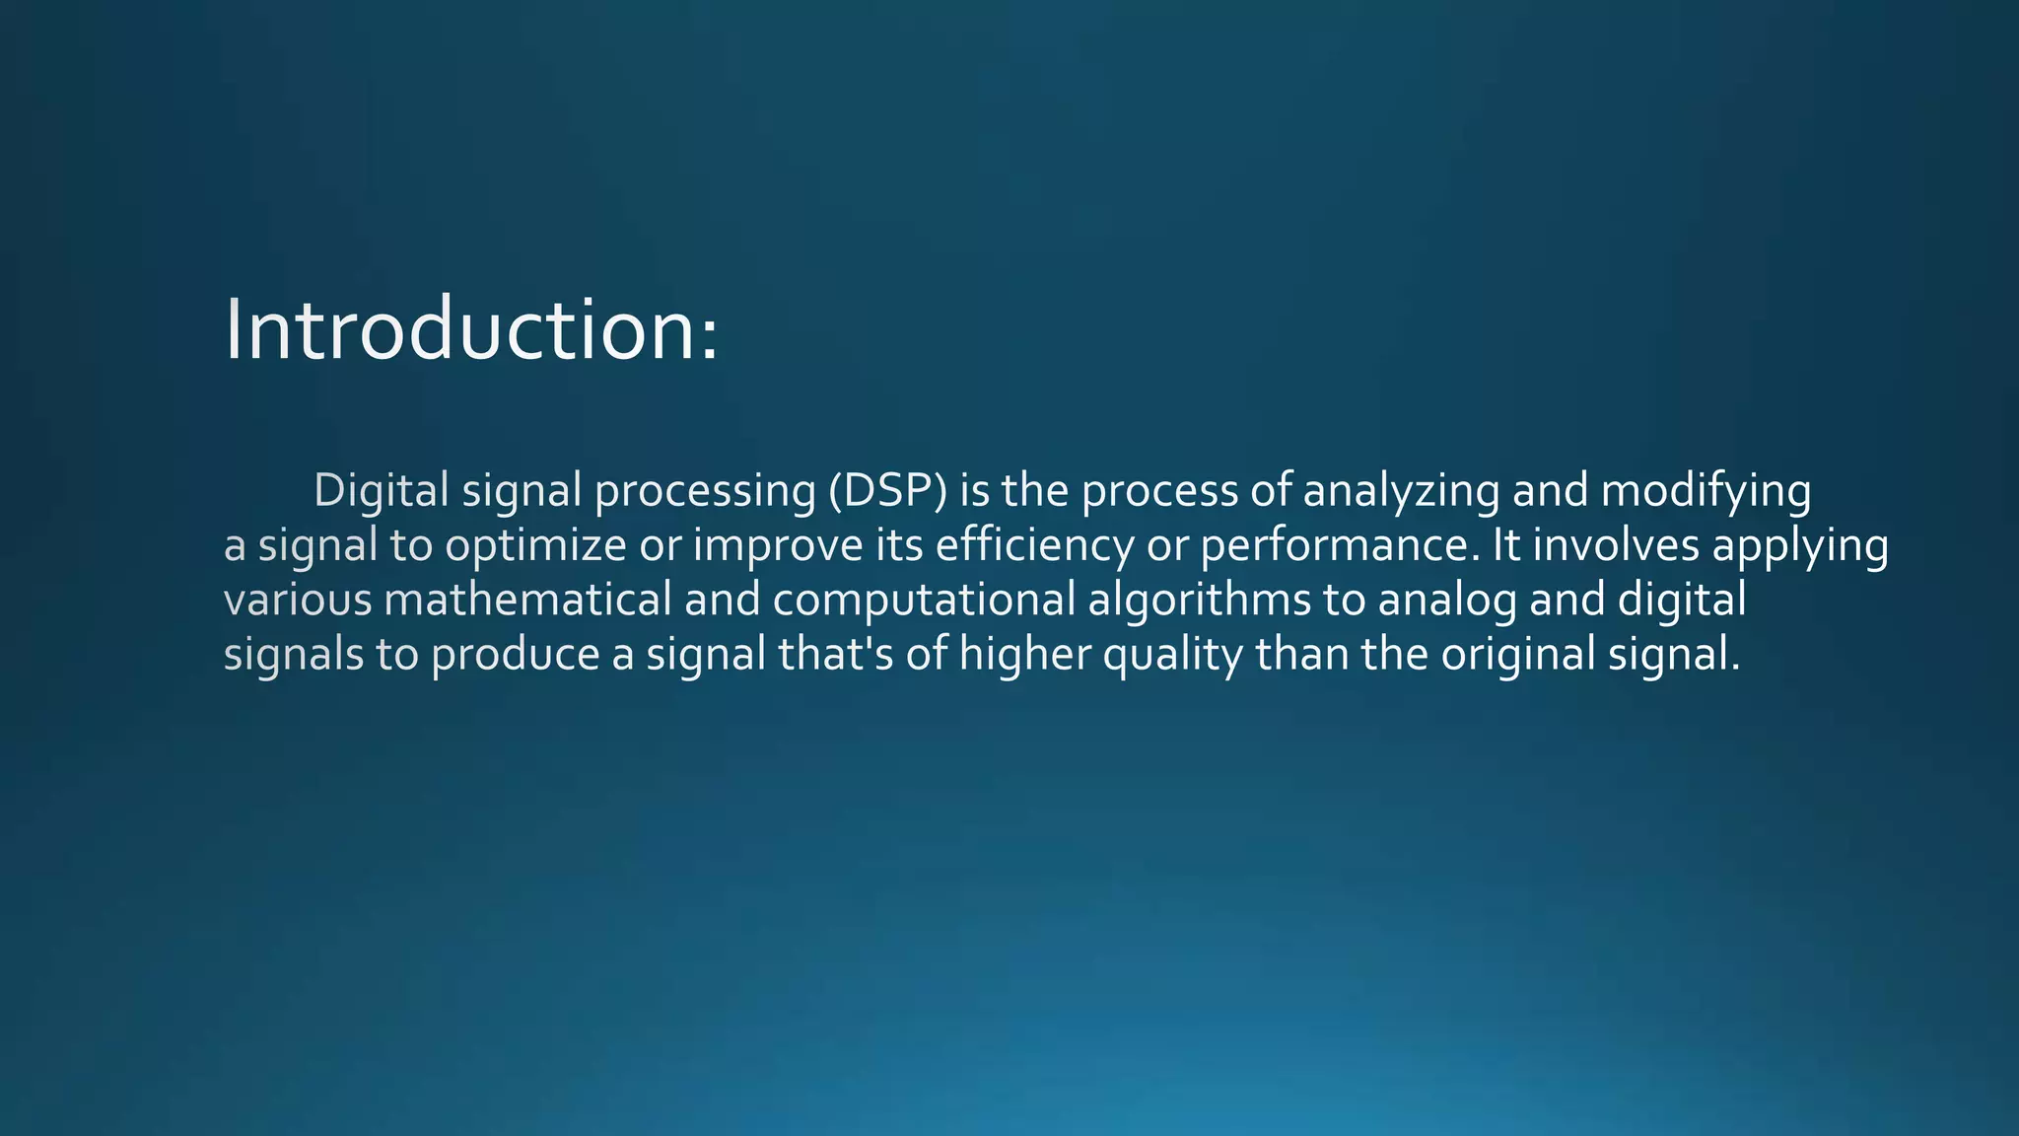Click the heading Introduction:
(x=471, y=329)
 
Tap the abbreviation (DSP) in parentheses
(x=887, y=490)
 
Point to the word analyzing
(x=1401, y=492)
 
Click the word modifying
(x=1706, y=492)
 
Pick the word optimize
(x=535, y=546)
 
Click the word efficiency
(x=1034, y=546)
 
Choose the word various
(x=298, y=600)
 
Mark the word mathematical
(x=527, y=599)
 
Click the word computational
(x=924, y=601)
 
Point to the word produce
(x=515, y=655)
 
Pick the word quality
(x=1172, y=655)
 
